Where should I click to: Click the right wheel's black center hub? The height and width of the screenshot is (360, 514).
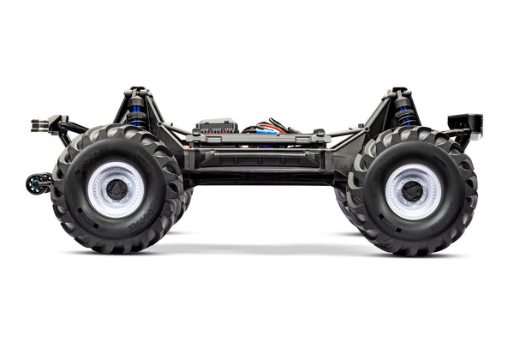(414, 191)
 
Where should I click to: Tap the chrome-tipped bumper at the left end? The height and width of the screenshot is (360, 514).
(39, 125)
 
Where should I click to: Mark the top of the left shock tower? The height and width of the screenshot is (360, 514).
(136, 89)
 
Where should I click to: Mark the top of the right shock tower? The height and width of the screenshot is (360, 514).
(399, 89)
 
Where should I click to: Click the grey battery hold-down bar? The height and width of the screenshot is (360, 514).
(257, 136)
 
